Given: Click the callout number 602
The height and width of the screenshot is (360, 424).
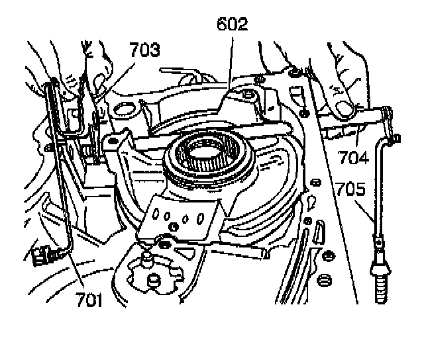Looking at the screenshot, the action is (x=233, y=24).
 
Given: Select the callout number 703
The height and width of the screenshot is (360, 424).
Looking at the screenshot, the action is (x=144, y=50).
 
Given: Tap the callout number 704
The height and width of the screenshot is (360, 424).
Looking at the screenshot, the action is (x=353, y=157).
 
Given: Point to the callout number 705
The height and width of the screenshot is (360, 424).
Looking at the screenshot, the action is (x=350, y=189).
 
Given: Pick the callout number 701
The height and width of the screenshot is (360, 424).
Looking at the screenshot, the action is (x=89, y=300).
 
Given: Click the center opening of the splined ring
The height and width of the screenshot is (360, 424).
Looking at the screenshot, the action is (x=206, y=152).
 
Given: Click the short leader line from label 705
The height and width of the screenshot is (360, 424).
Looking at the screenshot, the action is (x=364, y=211).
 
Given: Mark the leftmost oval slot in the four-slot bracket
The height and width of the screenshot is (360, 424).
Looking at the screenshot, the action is (x=156, y=214).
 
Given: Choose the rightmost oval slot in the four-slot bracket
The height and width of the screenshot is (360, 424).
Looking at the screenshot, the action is (x=200, y=218).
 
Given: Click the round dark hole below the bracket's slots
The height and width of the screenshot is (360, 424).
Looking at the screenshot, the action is (x=174, y=226).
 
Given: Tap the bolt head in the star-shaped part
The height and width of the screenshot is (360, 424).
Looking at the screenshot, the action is (x=154, y=281).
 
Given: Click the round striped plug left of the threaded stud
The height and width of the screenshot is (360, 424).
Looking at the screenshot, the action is (x=324, y=280).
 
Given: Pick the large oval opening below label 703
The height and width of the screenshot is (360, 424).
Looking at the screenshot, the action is (x=125, y=109).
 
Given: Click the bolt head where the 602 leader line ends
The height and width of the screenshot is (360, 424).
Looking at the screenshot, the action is (x=247, y=95).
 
